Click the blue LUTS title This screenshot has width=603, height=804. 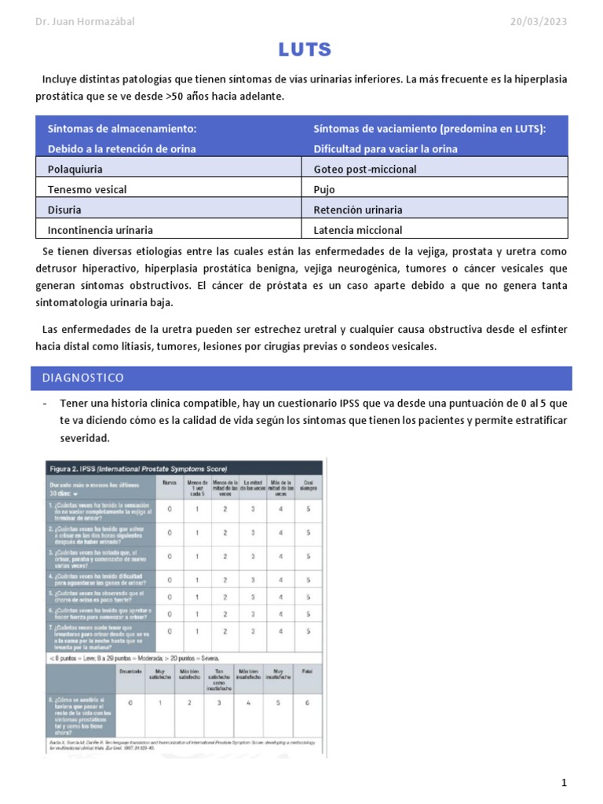pyautogui.click(x=305, y=50)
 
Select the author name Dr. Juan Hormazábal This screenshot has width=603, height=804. pyautogui.click(x=85, y=21)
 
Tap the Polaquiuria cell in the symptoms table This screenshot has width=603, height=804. pyautogui.click(x=75, y=169)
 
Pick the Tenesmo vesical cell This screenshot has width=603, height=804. pyautogui.click(x=86, y=189)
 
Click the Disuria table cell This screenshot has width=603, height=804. pyautogui.click(x=64, y=210)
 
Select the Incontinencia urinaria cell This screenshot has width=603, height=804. pyautogui.click(x=100, y=230)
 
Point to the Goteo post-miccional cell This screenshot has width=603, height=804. pyautogui.click(x=364, y=169)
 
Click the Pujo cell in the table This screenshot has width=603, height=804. pyautogui.click(x=325, y=189)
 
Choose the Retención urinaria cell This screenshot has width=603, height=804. pyautogui.click(x=357, y=210)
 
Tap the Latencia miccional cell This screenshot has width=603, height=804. pyautogui.click(x=357, y=230)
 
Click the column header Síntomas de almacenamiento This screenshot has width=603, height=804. pyautogui.click(x=122, y=128)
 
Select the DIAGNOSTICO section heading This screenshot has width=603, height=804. pyautogui.click(x=83, y=378)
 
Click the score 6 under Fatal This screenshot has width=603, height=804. pyautogui.click(x=307, y=703)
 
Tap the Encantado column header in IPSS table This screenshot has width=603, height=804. pyautogui.click(x=130, y=672)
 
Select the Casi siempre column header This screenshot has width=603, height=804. pyautogui.click(x=307, y=485)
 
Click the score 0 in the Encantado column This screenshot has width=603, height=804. pyautogui.click(x=130, y=703)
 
